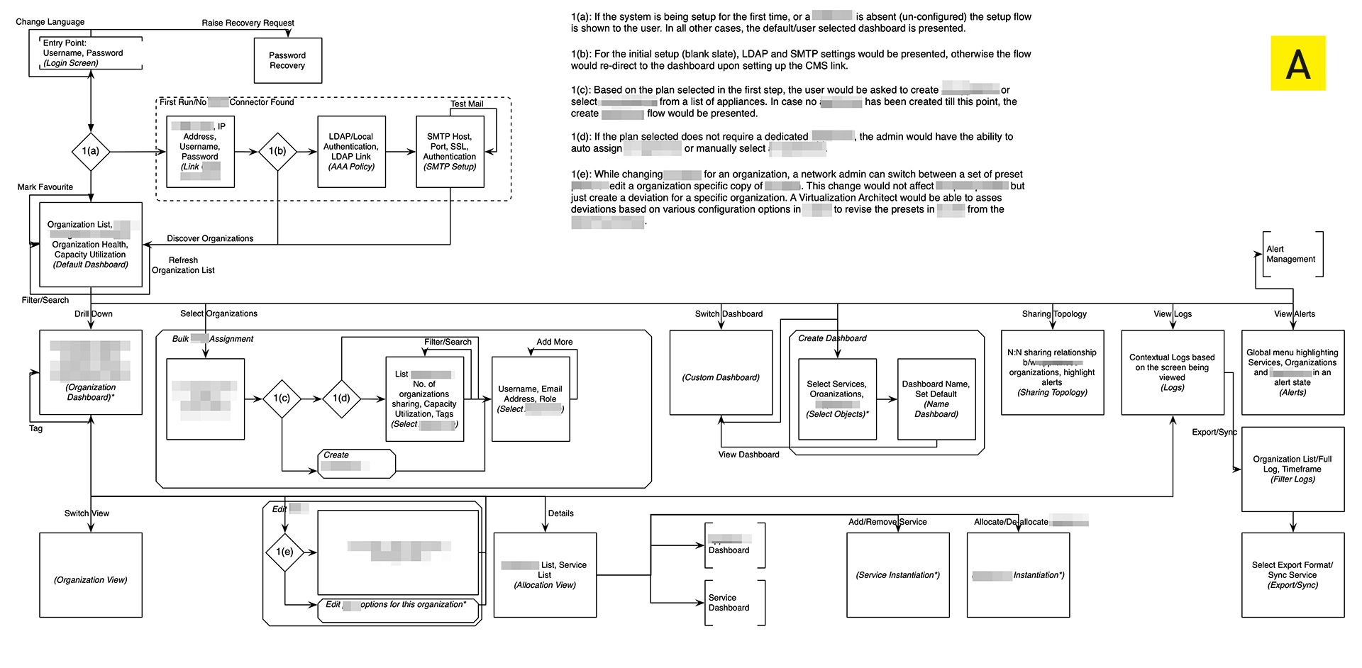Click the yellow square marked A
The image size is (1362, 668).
point(1297,63)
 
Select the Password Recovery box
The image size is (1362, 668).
point(287,60)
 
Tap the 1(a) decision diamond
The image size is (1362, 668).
point(91,151)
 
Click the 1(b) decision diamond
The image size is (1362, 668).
point(277,151)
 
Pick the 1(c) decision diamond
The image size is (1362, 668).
point(282,399)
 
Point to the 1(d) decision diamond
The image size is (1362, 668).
point(341,399)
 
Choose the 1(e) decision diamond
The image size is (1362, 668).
point(284,552)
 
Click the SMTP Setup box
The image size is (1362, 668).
point(450,152)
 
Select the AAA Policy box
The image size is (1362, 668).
point(351,152)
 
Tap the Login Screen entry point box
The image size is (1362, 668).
point(90,53)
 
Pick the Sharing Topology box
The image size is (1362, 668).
point(1052,372)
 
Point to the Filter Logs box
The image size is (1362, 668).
point(1292,469)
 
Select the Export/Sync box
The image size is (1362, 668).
point(1292,575)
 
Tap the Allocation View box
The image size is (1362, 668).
point(545,575)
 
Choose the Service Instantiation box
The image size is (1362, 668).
point(897,575)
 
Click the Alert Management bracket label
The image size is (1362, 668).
point(1291,254)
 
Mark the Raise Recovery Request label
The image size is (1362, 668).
point(248,23)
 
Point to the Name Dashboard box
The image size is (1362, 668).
point(936,399)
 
